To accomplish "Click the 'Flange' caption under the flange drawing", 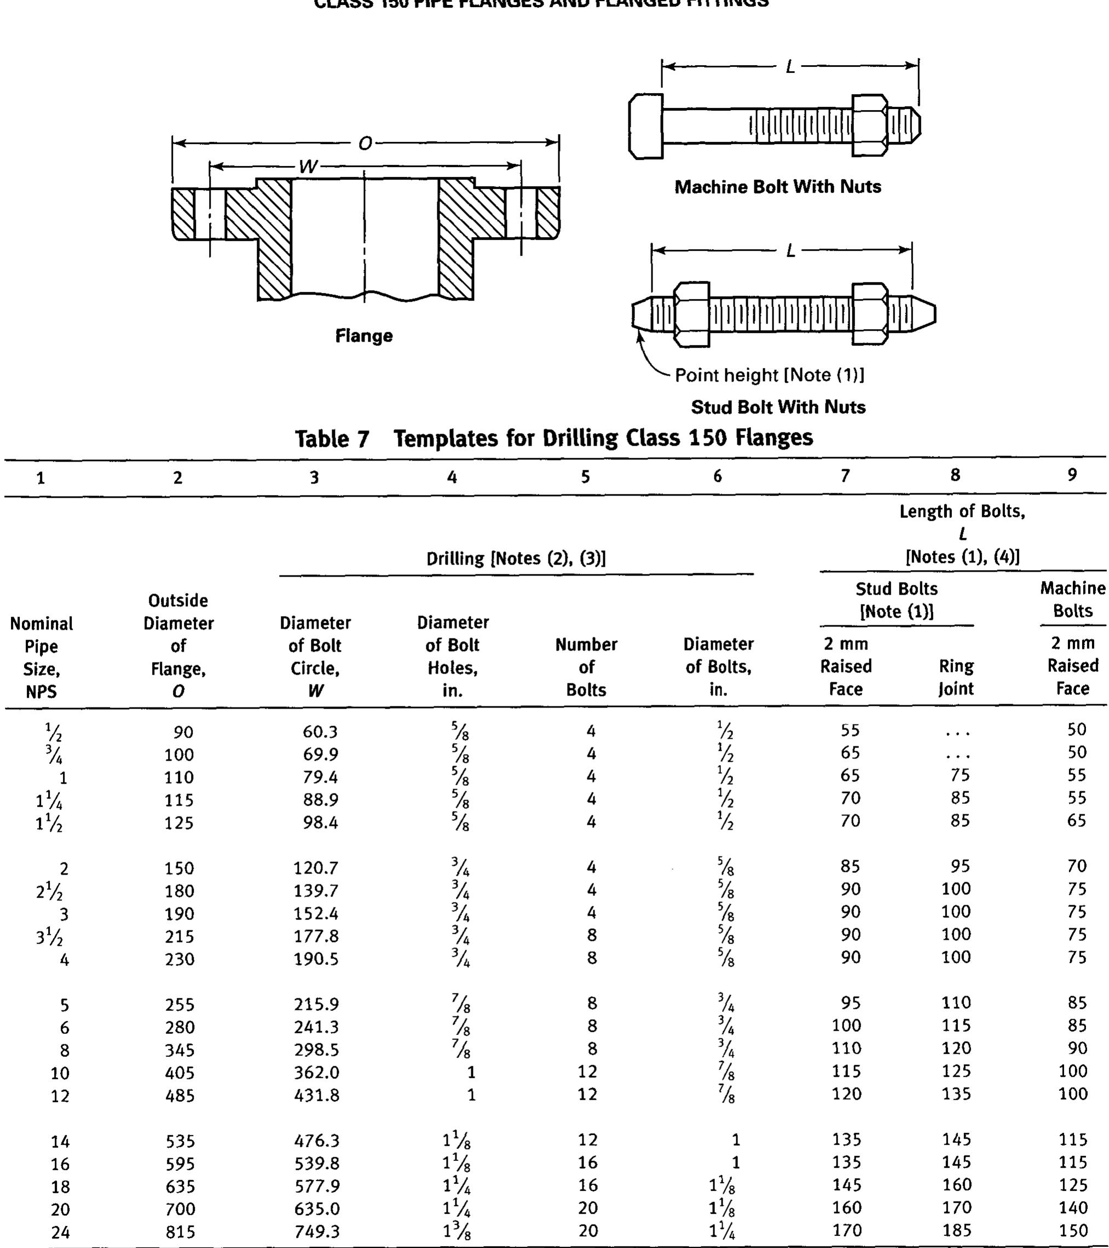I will tap(364, 336).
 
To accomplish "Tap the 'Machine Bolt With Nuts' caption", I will tap(778, 187).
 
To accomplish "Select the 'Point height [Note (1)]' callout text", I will tap(769, 375).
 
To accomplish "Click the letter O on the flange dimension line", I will tap(365, 143).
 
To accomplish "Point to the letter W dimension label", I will tap(308, 166).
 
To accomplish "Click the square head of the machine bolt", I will tap(646, 126).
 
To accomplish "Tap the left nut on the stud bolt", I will tap(691, 314).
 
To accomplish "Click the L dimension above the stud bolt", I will tap(790, 250).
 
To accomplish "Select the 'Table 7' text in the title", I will tap(332, 439).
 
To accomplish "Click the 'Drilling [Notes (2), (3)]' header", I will tap(516, 558).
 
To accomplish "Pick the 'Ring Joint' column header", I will tap(956, 677).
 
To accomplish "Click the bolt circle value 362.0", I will tap(316, 1072).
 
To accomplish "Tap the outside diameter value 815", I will tap(180, 1232).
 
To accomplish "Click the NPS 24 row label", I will tap(60, 1232).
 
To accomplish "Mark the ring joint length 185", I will tap(956, 1230).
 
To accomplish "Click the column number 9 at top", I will tap(1072, 475).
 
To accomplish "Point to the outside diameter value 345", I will tap(180, 1050).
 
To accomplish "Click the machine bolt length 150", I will tap(1073, 1230).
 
